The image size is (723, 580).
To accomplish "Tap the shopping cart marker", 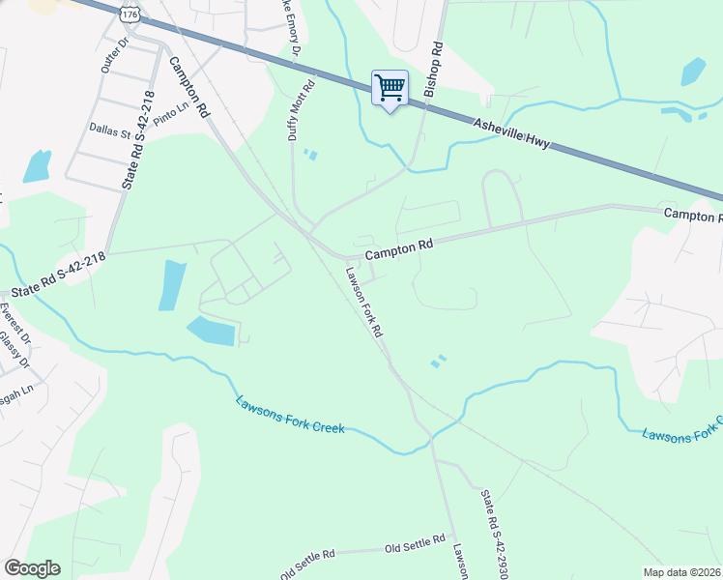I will point(390,88).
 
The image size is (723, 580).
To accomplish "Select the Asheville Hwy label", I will point(511,133).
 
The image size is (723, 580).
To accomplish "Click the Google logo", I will point(32,568).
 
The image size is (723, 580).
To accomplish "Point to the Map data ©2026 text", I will point(681,572).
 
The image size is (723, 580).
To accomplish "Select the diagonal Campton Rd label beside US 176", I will point(190,87).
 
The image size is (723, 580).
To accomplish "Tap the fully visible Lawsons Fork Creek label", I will point(290,414).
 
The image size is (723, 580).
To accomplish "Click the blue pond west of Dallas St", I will point(37,166).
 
